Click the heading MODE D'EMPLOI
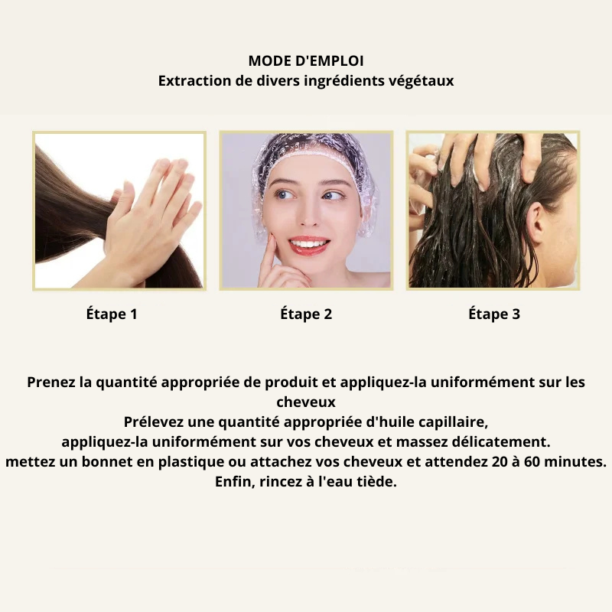tap(306, 61)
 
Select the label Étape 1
tap(112, 314)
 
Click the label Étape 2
tap(306, 314)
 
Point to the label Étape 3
tap(494, 314)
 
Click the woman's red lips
tap(308, 243)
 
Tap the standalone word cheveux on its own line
tap(306, 402)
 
